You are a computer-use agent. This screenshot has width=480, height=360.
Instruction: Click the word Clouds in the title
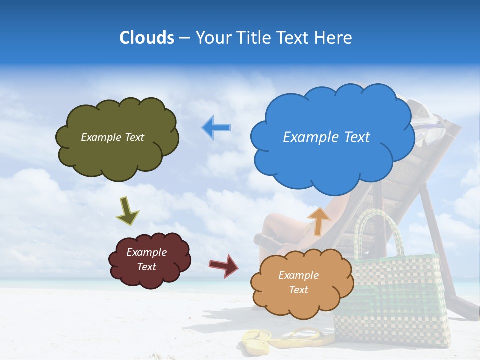click(147, 38)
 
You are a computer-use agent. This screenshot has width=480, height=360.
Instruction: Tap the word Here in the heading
click(333, 38)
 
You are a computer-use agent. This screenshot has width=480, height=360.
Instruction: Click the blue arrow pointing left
click(216, 128)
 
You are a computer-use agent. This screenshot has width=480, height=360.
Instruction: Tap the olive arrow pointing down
click(127, 211)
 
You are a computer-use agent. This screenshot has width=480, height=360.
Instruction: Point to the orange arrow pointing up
click(318, 220)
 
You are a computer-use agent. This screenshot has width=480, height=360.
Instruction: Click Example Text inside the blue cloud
click(326, 137)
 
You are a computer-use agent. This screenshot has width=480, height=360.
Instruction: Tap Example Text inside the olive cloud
click(112, 137)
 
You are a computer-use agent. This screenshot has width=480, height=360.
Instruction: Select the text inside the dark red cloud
click(146, 260)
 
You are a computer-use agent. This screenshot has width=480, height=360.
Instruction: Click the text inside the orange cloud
click(298, 283)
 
